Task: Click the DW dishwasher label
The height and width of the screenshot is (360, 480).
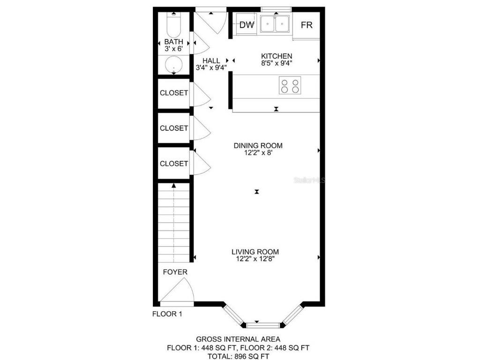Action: [247, 25]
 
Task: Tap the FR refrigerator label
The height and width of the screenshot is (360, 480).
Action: [307, 25]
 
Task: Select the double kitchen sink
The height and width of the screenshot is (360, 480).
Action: [275, 23]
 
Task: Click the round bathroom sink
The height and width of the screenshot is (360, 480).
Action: [174, 65]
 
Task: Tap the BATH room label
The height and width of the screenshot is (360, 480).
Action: [173, 42]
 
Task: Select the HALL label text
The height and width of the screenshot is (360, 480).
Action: [211, 60]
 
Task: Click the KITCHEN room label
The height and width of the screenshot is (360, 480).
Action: [277, 56]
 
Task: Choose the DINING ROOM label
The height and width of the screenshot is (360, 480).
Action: [258, 145]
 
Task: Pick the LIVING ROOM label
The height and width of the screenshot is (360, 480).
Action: [258, 251]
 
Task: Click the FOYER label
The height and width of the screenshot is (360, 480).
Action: [175, 272]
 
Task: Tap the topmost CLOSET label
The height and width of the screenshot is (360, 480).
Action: [174, 93]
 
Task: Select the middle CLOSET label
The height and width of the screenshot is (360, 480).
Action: [174, 128]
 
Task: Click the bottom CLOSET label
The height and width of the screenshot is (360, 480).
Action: [174, 164]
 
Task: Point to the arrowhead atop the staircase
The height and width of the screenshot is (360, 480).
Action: [174, 186]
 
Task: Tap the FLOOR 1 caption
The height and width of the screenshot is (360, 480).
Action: [167, 314]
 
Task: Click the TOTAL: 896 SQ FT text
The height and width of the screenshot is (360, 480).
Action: [238, 356]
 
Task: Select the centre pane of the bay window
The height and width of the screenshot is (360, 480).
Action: [262, 324]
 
